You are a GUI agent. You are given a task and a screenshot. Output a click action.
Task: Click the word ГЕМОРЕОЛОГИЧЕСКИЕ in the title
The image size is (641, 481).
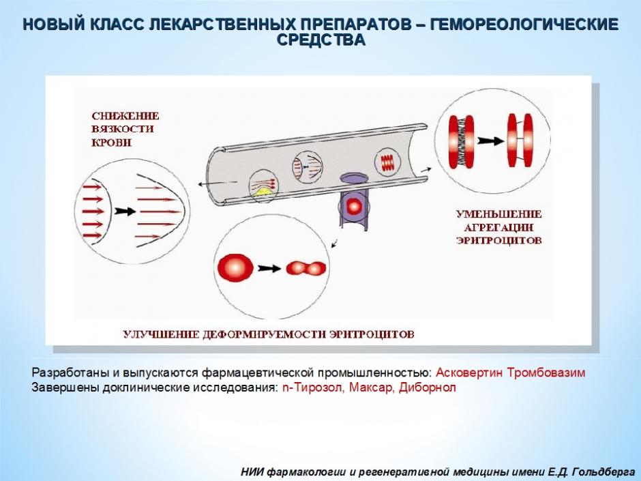pyautogui.click(x=524, y=25)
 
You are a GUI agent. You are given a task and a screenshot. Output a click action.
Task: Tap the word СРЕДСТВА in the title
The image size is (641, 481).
pyautogui.click(x=321, y=40)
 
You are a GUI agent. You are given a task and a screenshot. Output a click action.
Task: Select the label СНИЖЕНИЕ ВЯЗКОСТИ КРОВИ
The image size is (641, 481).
pyautogui.click(x=125, y=129)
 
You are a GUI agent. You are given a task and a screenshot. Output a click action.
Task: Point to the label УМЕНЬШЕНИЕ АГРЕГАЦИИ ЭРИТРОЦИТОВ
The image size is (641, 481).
pyautogui.click(x=498, y=227)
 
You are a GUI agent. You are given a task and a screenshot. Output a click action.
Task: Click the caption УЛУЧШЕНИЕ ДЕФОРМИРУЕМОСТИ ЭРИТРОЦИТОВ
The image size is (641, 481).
pyautogui.click(x=269, y=334)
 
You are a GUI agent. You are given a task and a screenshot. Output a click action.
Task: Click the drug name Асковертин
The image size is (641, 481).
pyautogui.click(x=469, y=373)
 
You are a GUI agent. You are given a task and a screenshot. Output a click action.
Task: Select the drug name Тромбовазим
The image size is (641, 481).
pyautogui.click(x=546, y=373)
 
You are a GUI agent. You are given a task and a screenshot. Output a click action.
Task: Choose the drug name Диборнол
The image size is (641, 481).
pyautogui.click(x=427, y=388)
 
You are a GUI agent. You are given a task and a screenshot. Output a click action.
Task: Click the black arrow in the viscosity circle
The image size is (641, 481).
pyautogui.click(x=125, y=211)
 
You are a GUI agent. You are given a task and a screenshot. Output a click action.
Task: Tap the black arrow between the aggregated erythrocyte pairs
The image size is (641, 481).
pyautogui.click(x=490, y=141)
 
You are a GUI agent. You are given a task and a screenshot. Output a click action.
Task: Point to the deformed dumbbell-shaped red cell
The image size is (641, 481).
pyautogui.click(x=306, y=268)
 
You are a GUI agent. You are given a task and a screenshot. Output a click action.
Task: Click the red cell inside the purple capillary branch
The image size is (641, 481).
pyautogui.click(x=353, y=207)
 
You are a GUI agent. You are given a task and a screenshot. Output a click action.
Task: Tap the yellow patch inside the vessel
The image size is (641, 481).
pyautogui.click(x=263, y=192)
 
